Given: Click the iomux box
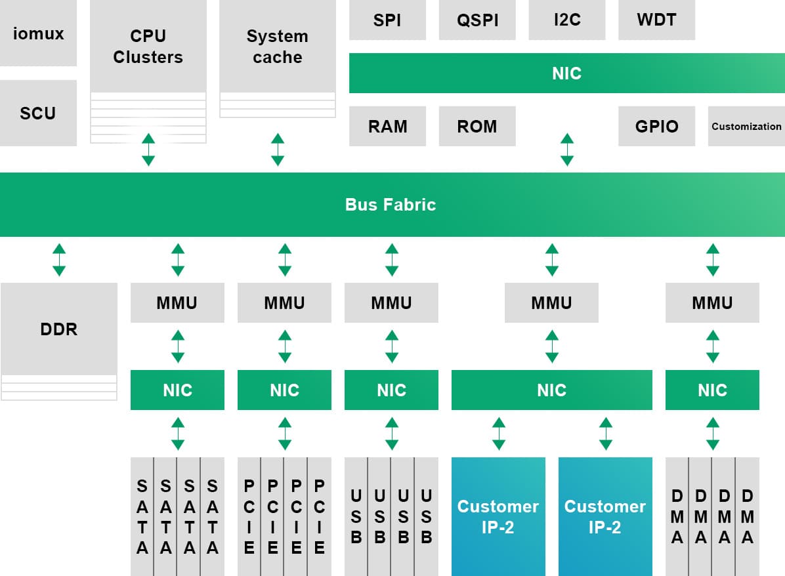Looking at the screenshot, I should pyautogui.click(x=38, y=33).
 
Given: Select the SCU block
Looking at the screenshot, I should pyautogui.click(x=38, y=113).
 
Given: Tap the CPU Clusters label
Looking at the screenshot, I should pyautogui.click(x=148, y=47).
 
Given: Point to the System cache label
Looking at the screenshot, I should pyautogui.click(x=277, y=47).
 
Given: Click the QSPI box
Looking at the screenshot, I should pyautogui.click(x=477, y=20).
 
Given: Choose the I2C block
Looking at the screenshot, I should pyautogui.click(x=566, y=20).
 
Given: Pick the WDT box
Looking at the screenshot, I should pyautogui.click(x=656, y=20).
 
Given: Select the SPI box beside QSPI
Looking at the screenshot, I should pyautogui.click(x=387, y=20).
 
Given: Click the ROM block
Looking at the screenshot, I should pyautogui.click(x=477, y=126).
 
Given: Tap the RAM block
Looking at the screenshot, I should pyautogui.click(x=387, y=126).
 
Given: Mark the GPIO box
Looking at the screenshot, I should pyautogui.click(x=656, y=126).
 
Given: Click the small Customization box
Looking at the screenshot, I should pyautogui.click(x=746, y=126).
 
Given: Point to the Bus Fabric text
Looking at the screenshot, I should pyautogui.click(x=391, y=205).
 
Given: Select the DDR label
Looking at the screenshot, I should pyautogui.click(x=59, y=329).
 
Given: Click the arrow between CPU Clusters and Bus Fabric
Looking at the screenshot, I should pyautogui.click(x=148, y=150).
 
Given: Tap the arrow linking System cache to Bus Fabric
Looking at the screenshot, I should pyautogui.click(x=278, y=150).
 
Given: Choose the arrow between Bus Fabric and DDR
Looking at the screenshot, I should pyautogui.click(x=59, y=260).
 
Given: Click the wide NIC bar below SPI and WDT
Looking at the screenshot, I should pyautogui.click(x=566, y=73).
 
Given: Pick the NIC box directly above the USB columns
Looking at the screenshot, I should pyautogui.click(x=391, y=390).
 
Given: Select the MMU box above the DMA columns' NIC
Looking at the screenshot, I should pyautogui.click(x=712, y=303).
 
